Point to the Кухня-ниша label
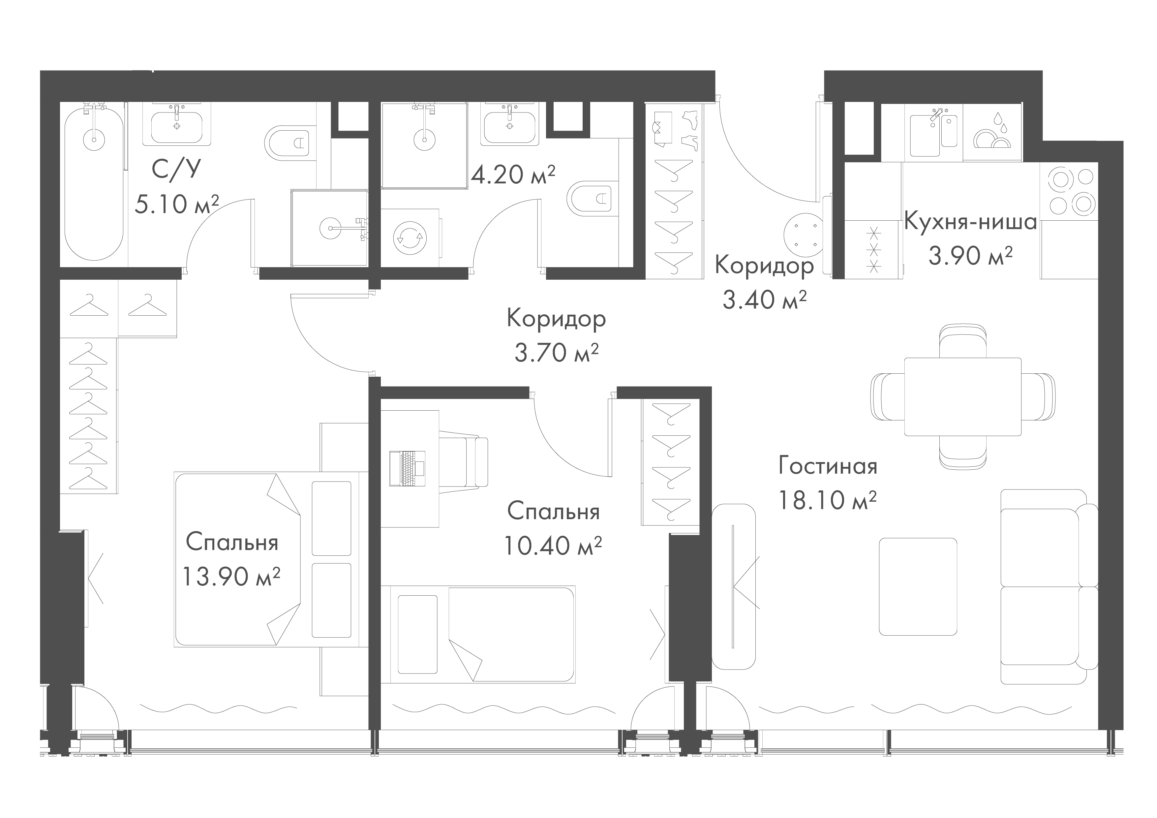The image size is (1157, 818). pos(971,221)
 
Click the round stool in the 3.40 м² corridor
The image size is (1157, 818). pos(805,236)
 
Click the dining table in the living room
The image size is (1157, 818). pos(962,397)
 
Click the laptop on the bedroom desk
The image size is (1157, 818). pos(408,469)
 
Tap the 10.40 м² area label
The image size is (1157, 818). pos(553,545)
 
